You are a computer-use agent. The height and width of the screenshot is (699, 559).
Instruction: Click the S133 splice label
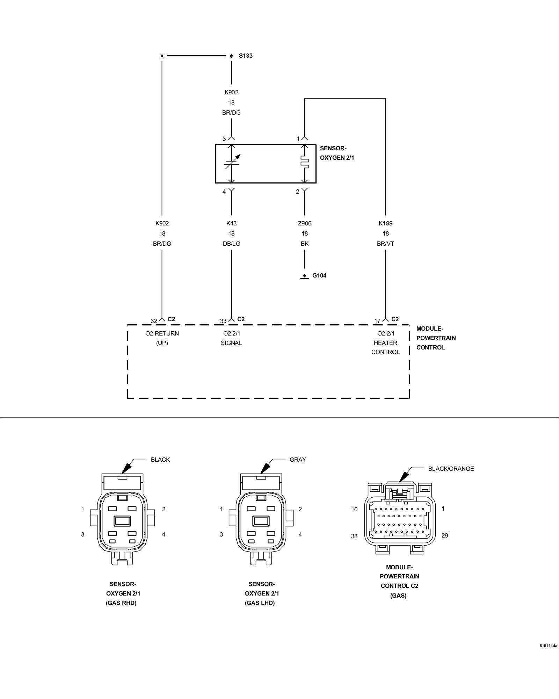(x=246, y=56)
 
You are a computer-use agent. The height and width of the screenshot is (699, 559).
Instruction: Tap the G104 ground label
(x=319, y=275)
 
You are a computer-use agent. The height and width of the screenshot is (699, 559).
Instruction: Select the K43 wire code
(x=231, y=223)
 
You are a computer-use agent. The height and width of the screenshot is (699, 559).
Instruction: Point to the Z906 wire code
(x=305, y=223)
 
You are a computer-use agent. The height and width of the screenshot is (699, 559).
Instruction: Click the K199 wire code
(x=385, y=223)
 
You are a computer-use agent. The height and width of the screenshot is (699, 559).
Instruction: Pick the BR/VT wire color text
(x=385, y=244)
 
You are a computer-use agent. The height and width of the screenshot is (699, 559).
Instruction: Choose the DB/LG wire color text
(x=231, y=244)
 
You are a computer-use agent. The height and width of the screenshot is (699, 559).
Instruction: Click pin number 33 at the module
(x=223, y=321)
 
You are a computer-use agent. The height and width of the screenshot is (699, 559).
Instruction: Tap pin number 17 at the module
(x=377, y=321)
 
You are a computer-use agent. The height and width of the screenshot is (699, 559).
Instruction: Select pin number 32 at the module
(x=154, y=321)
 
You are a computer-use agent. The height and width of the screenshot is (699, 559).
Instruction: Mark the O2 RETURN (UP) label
(x=162, y=338)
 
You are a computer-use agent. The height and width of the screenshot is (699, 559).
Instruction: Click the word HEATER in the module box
(x=385, y=343)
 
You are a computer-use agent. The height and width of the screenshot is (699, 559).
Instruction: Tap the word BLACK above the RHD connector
(x=160, y=460)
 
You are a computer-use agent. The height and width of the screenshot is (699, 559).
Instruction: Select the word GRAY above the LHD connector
(x=298, y=460)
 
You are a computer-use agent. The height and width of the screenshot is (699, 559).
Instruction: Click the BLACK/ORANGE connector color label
(x=451, y=469)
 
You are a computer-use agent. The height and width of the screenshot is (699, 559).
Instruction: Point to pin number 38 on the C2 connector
(x=354, y=536)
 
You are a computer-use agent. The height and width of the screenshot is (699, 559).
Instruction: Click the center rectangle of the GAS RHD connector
(x=122, y=521)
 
